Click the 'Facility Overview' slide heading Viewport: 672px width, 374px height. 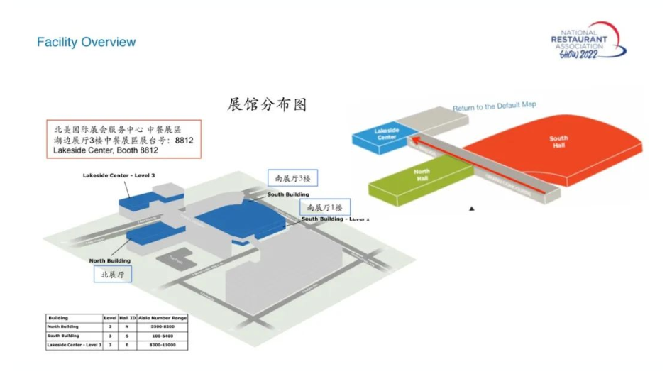[x=86, y=43]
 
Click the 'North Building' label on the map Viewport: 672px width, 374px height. [x=109, y=261]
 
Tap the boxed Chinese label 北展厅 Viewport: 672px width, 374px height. [x=114, y=274]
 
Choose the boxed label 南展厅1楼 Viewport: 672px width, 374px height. [x=324, y=207]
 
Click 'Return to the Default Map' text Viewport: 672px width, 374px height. [x=495, y=106]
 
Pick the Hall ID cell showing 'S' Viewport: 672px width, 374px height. [x=124, y=336]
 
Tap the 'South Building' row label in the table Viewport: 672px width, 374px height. [x=63, y=336]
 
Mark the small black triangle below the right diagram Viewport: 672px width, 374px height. [x=470, y=209]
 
